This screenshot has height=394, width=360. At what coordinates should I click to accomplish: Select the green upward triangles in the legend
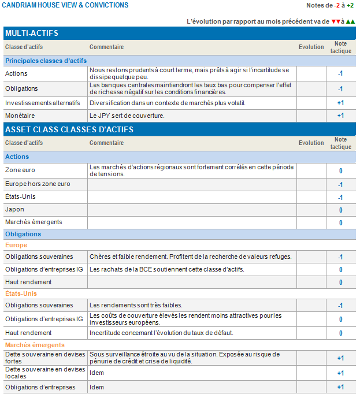pos(350,21)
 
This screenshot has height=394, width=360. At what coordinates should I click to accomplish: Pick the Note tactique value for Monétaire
pos(340,116)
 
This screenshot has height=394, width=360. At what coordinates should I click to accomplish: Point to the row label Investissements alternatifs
pos(42,103)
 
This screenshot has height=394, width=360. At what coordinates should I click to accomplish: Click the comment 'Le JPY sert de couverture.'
pos(127,116)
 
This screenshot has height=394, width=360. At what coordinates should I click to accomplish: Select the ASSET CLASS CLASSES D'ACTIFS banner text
pos(69,129)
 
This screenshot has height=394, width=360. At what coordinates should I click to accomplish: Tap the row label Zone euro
pos(20,171)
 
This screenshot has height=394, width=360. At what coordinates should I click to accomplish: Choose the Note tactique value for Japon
pos(340,210)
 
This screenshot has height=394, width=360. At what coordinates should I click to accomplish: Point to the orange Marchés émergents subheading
pos(35,345)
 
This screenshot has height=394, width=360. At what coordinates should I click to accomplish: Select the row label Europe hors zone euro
pos(38,184)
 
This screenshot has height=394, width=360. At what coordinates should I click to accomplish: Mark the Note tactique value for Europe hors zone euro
pos(340,185)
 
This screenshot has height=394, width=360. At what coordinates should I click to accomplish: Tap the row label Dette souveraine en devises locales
pos(44,373)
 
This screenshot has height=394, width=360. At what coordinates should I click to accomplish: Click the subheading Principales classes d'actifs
pos(46,60)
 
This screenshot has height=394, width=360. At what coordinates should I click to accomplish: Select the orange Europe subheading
pos(16,245)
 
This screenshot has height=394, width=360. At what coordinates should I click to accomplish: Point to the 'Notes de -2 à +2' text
pos(330,5)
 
